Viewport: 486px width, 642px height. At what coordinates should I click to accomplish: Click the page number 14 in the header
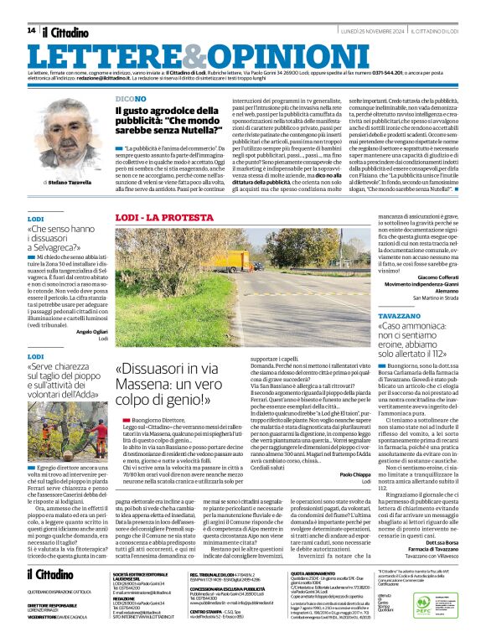pyautogui.click(x=31, y=31)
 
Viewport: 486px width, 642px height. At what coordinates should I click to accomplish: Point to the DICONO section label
pyautogui.click(x=130, y=98)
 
